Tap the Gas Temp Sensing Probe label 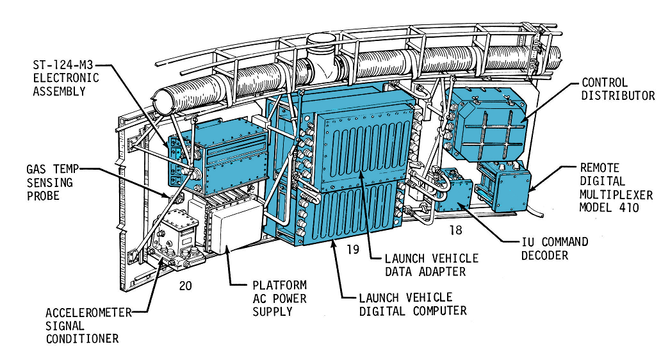pos(49,181)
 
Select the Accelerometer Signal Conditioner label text pos(88,325)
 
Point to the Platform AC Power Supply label pos(279,298)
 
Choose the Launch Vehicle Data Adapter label pos(431,265)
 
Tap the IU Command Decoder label pos(555,248)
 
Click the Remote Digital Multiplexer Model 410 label pos(616,188)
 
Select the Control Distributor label pos(617,89)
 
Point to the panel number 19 pos(353,250)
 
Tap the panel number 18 pos(457,229)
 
